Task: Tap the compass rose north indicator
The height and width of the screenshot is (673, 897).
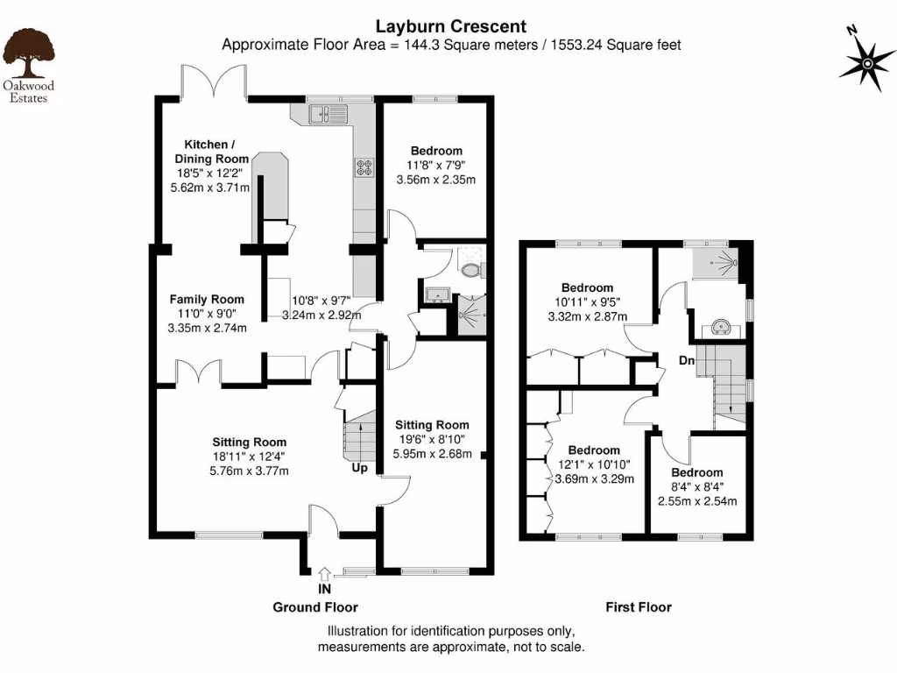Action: tap(866, 62)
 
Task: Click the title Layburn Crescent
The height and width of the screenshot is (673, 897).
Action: tap(451, 27)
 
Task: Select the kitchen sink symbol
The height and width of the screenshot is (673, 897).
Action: tap(328, 113)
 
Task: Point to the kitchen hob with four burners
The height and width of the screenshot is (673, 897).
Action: tap(364, 168)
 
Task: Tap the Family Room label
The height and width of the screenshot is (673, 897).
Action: tap(207, 300)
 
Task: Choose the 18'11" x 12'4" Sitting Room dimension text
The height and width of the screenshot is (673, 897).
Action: tap(250, 457)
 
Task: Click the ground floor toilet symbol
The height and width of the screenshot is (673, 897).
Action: tap(470, 268)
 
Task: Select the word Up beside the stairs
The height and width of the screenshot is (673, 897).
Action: tap(360, 469)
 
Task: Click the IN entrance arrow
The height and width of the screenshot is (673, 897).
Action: tap(324, 575)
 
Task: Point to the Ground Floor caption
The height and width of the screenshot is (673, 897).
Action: tap(315, 606)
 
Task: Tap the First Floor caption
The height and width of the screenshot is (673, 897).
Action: tap(638, 606)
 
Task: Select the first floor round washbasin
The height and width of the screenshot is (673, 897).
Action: tap(722, 328)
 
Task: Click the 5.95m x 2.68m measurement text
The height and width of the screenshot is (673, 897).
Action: tap(433, 454)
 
